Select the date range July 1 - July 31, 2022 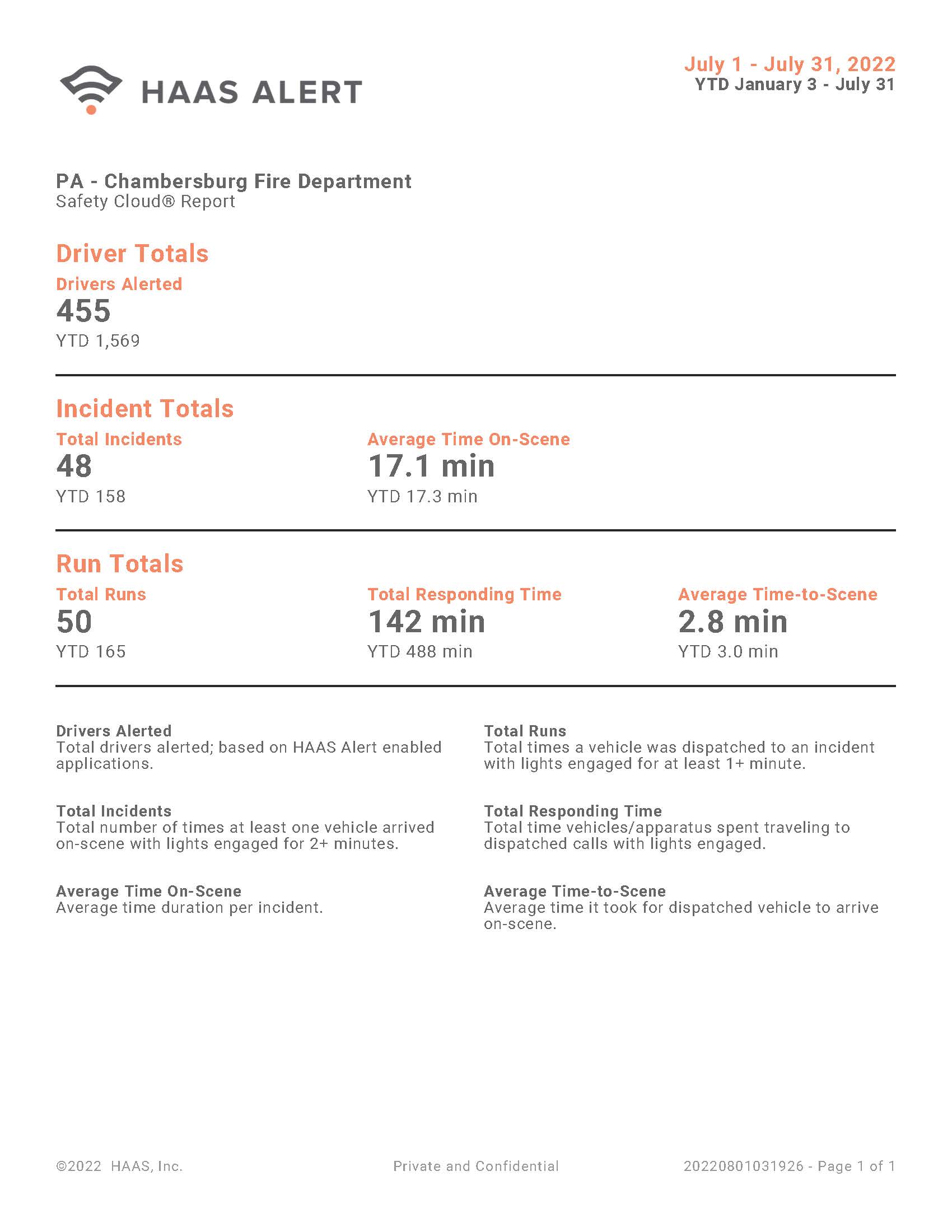(x=790, y=64)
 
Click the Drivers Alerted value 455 (x=83, y=311)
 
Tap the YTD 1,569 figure (x=97, y=340)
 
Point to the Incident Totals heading (x=144, y=408)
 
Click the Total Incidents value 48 (x=74, y=466)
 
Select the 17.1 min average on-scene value (x=431, y=466)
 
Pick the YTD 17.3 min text (x=422, y=496)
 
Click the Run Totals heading (x=120, y=563)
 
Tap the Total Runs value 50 (x=74, y=622)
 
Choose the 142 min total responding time (x=426, y=622)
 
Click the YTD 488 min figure (x=419, y=651)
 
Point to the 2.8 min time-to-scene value (x=732, y=622)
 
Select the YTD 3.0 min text (x=728, y=651)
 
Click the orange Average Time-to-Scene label (x=777, y=594)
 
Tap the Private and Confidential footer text (x=475, y=1166)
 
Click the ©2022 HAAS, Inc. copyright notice (x=119, y=1166)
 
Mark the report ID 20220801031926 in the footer (x=743, y=1166)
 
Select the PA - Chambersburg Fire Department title (x=234, y=181)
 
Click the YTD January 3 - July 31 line (x=795, y=85)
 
